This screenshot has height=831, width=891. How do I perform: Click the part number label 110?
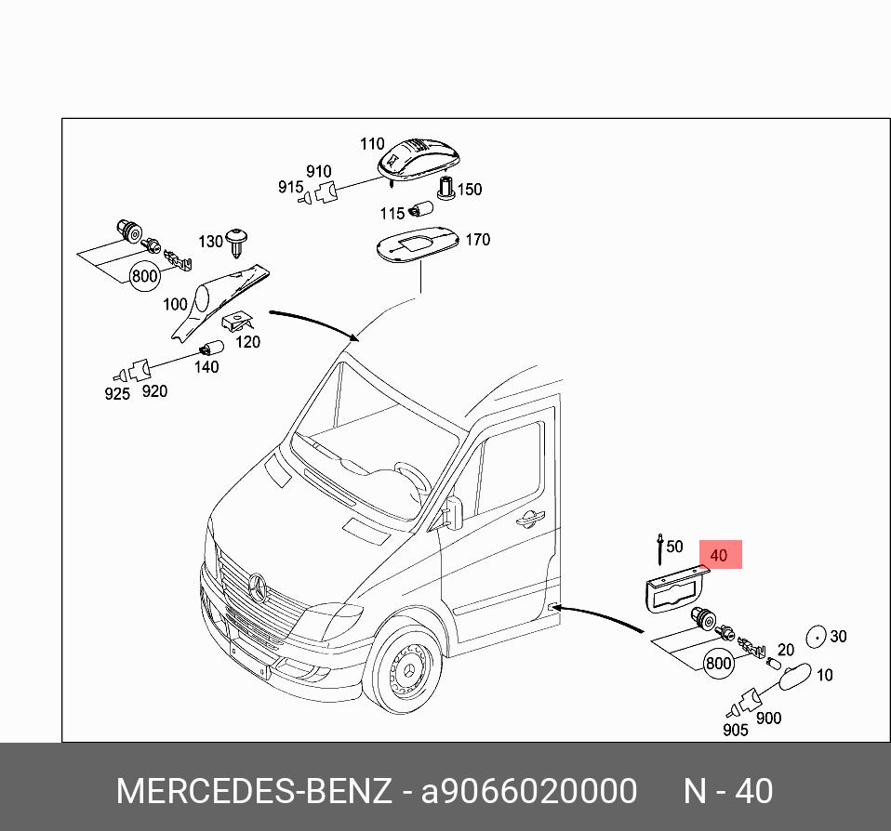coord(372,144)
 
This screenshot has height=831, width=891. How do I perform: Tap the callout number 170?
coord(477,240)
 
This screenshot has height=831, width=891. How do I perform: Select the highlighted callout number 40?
coord(718,556)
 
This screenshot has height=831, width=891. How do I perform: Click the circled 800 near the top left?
coord(144,276)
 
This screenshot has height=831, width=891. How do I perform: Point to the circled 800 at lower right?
coord(718,664)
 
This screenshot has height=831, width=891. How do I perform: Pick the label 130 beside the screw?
coord(210,242)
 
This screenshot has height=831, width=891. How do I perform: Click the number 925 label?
coord(117,394)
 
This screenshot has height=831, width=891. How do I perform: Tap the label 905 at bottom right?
coord(735,731)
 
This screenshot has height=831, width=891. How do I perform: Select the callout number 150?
coord(470,190)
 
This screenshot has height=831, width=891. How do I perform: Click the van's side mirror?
coord(454,510)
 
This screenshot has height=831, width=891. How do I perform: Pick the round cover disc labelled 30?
coord(815,636)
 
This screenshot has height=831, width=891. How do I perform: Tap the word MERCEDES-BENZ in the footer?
coord(253,792)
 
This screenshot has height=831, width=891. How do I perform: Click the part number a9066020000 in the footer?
coord(529,792)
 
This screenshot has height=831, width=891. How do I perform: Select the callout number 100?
coord(174,304)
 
